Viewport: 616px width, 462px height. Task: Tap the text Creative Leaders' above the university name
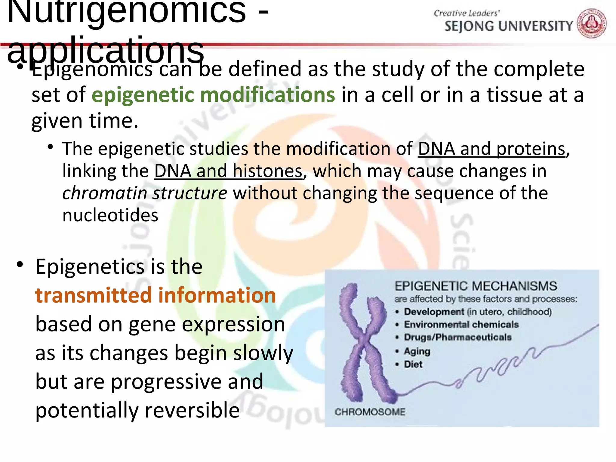[x=467, y=13]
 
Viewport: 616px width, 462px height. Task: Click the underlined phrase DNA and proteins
[x=492, y=149]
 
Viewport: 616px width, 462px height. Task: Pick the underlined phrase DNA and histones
[x=228, y=171]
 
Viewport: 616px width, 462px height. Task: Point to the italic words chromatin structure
[x=145, y=193]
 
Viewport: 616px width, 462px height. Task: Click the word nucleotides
[x=110, y=215]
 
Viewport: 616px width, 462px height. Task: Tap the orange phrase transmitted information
[x=156, y=295]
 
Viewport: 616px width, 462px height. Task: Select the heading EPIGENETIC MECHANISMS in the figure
[x=476, y=286]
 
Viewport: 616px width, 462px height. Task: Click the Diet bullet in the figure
[x=413, y=365]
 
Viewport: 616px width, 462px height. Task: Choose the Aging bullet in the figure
[x=417, y=351]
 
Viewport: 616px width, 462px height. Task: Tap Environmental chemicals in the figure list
[x=461, y=325]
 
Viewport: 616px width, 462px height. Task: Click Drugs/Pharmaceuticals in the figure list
[x=457, y=337]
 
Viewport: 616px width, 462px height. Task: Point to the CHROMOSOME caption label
[x=370, y=412]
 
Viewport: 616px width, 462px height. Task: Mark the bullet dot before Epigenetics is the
[x=20, y=265]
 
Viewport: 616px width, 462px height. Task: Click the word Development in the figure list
[x=434, y=312]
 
